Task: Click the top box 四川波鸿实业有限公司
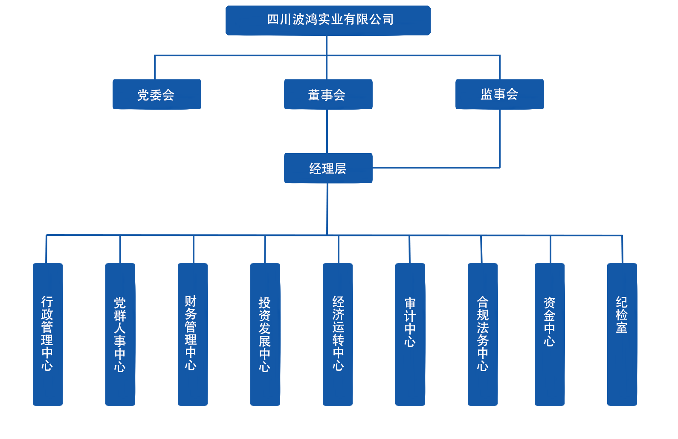pos(328,20)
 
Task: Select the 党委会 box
pos(156,94)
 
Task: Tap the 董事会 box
pos(328,94)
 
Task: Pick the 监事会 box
pos(499,94)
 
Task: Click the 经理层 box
pos(328,168)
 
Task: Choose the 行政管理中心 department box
pos(48,334)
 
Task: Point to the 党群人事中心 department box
pos(120,334)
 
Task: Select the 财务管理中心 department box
pos(193,334)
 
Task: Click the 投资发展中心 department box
pos(265,334)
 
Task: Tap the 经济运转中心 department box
pos(338,334)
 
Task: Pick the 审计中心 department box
pos(410,334)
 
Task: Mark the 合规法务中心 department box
pos(483,334)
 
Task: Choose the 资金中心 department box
pos(550,334)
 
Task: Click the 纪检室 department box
pos(622,334)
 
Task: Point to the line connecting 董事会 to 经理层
pos(327,131)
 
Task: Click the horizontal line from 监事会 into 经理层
pos(435,168)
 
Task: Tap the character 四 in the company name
pos(273,20)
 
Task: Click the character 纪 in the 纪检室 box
pos(622,302)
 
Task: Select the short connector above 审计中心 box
pos(409,249)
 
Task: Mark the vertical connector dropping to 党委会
pos(155,67)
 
